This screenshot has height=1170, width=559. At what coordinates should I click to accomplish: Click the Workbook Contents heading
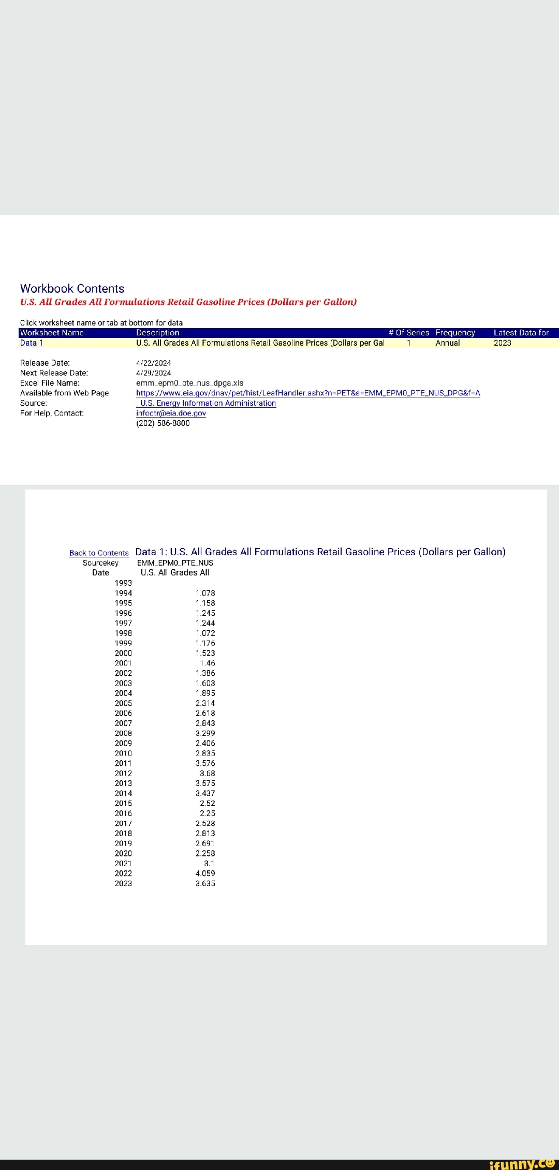pyautogui.click(x=72, y=289)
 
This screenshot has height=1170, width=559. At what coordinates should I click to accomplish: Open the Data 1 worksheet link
pyautogui.click(x=32, y=343)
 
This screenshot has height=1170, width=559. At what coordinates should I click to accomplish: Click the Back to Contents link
pyautogui.click(x=99, y=553)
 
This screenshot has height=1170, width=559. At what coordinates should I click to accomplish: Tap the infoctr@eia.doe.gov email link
pyautogui.click(x=171, y=413)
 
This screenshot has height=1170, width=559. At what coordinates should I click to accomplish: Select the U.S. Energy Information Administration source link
pyautogui.click(x=208, y=404)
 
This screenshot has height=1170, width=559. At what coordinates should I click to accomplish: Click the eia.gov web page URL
pyautogui.click(x=308, y=393)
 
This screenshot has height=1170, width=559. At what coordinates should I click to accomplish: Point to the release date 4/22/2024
pyautogui.click(x=153, y=363)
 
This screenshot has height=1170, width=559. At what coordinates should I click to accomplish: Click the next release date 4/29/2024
pyautogui.click(x=153, y=373)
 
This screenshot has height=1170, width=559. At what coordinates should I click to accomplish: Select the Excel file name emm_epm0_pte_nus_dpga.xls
pyautogui.click(x=189, y=383)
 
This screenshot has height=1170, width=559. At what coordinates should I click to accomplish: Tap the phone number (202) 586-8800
pyautogui.click(x=163, y=423)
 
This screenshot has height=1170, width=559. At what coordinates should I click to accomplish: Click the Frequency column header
pyautogui.click(x=455, y=333)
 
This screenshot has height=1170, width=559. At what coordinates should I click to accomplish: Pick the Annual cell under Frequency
pyautogui.click(x=447, y=343)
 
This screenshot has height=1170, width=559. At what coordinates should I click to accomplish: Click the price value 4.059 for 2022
pyautogui.click(x=205, y=873)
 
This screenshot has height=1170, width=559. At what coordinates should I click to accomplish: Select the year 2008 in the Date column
pyautogui.click(x=123, y=733)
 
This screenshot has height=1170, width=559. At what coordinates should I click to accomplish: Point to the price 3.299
pyautogui.click(x=205, y=733)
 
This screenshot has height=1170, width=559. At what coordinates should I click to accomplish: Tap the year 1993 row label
pyautogui.click(x=123, y=583)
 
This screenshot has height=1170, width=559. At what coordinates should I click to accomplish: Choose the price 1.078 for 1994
pyautogui.click(x=205, y=593)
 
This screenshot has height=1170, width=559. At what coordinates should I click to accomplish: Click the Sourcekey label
pyautogui.click(x=100, y=563)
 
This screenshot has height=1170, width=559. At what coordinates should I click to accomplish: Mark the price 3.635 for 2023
pyautogui.click(x=205, y=883)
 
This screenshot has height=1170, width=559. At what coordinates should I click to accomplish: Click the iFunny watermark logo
pyautogui.click(x=521, y=1163)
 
